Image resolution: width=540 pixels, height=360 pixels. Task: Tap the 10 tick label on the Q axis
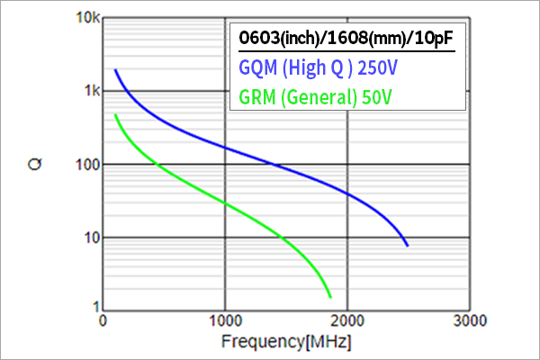point(89,238)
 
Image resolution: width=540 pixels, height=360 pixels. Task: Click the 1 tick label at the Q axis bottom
point(93,309)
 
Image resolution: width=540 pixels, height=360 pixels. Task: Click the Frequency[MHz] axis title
point(286,342)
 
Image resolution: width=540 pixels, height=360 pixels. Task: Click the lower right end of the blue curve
point(407,245)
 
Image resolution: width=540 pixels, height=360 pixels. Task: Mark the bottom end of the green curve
point(330,296)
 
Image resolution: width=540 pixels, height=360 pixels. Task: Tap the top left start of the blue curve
point(115,70)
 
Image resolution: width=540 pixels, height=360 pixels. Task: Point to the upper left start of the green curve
point(115,115)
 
